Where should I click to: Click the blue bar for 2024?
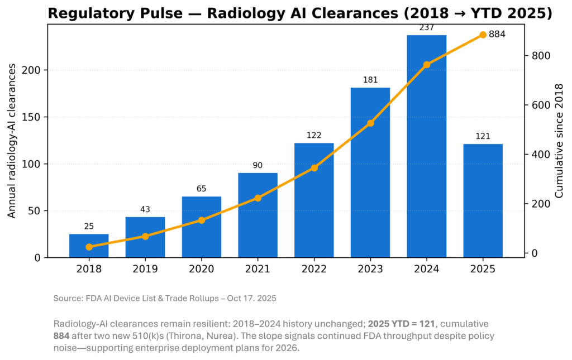coord(426,146)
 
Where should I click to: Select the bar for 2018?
coord(89,246)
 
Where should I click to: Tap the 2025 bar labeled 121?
coord(483,200)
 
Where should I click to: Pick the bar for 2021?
coord(258,215)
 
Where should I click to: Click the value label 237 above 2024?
coord(426,27)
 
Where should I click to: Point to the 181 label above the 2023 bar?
coord(370,80)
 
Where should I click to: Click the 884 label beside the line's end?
coord(497,35)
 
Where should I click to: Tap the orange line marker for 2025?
coord(483,35)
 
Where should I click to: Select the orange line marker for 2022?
coord(314,167)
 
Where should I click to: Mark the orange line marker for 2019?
coord(145,236)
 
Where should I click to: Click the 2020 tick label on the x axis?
coord(201,268)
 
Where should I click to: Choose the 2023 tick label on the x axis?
coord(370,268)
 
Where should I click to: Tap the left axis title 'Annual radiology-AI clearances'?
coord(12,145)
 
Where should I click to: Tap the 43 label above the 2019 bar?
coord(145,209)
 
